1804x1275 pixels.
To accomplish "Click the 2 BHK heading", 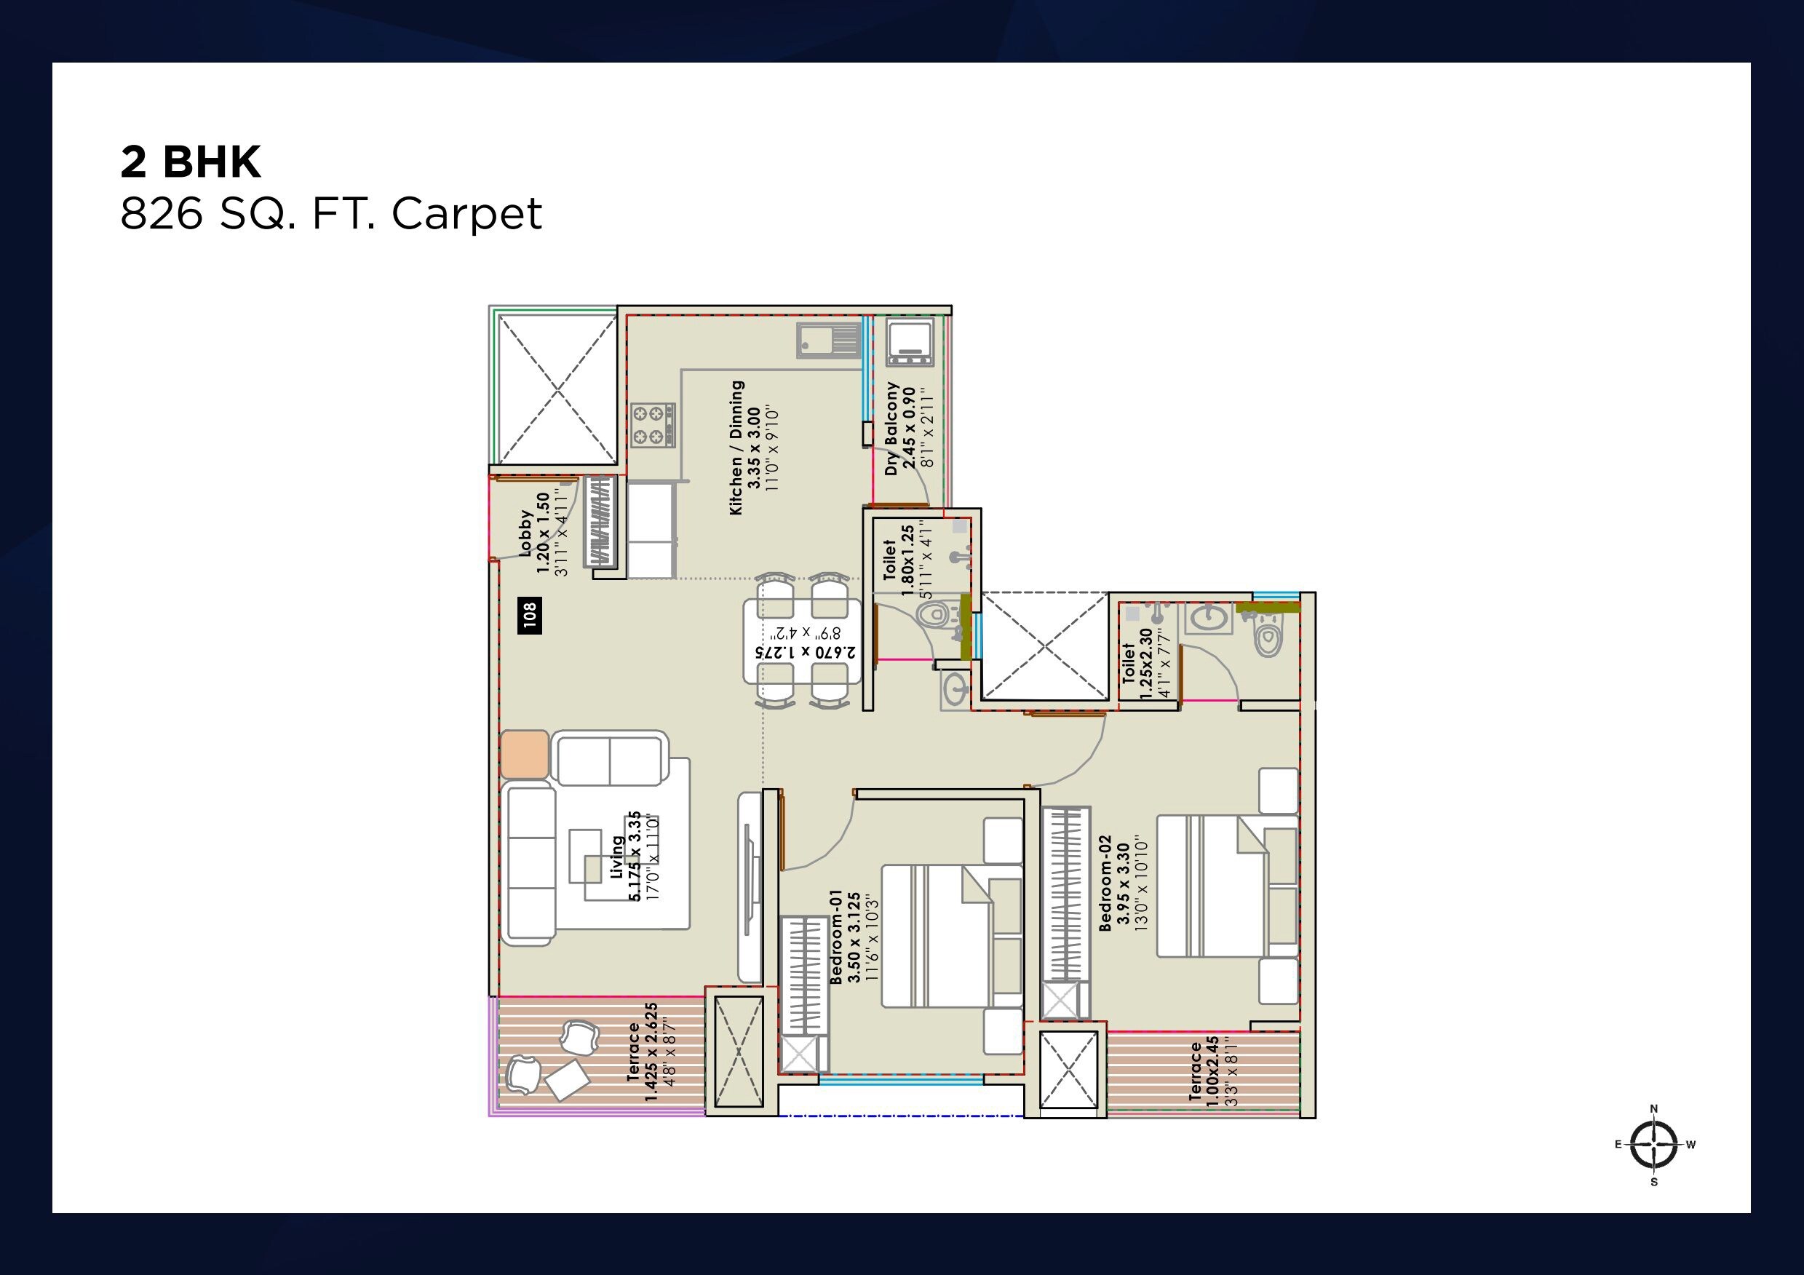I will coord(190,162).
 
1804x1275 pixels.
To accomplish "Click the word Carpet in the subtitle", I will coord(466,213).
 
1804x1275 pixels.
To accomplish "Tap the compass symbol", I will coord(1654,1144).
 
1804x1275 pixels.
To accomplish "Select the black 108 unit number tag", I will coord(530,615).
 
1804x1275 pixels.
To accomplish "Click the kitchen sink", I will coord(830,340).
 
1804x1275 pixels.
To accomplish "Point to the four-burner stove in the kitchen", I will coord(652,425).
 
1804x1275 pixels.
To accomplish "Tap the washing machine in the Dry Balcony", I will coord(910,343).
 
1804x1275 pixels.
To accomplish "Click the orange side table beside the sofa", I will coord(524,754).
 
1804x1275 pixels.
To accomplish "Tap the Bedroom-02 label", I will coord(1122,883).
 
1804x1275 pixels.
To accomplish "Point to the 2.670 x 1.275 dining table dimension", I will coord(805,643).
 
